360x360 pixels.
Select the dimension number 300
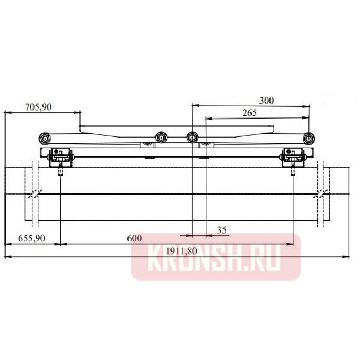point(266,100)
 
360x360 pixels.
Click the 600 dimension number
point(134,238)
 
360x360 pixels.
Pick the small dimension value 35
point(221,230)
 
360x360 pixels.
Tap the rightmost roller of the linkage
point(308,138)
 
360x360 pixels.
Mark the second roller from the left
point(160,138)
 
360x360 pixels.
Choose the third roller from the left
point(192,138)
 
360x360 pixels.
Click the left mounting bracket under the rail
point(61,158)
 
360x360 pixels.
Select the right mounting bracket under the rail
point(293,158)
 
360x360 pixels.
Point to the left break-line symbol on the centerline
point(35,194)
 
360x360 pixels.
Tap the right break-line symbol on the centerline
point(322,194)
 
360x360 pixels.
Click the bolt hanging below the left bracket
point(62,170)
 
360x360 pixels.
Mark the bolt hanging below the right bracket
point(293,170)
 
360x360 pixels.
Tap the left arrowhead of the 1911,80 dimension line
point(7,257)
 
